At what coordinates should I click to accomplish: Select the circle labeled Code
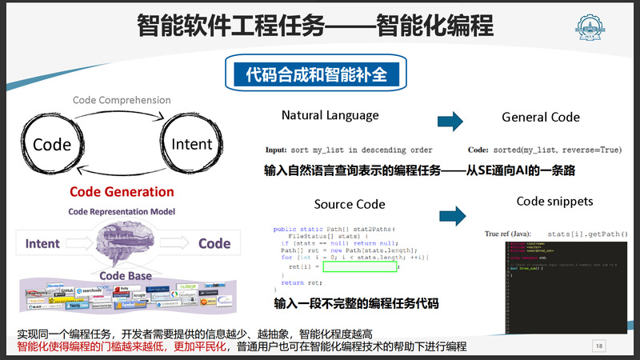[x=52, y=145]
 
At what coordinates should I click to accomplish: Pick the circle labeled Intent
[x=192, y=144]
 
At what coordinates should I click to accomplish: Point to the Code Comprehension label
[x=122, y=100]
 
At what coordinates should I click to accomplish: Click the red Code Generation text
[x=122, y=192]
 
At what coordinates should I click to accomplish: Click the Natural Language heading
[x=330, y=116]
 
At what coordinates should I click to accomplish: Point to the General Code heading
[x=541, y=117]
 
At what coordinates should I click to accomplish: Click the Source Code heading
[x=350, y=205]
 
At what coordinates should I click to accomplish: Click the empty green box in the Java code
[x=359, y=267]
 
